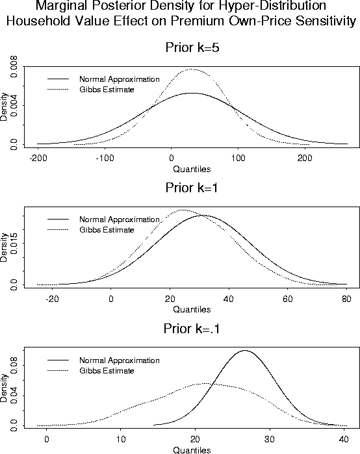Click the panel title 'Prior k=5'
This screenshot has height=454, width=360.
coord(192,47)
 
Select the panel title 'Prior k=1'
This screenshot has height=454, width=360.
coord(192,188)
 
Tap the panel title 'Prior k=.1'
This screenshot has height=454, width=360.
coord(192,329)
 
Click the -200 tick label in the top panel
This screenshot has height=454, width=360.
coord(38,158)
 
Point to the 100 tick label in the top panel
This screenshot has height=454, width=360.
coord(238,158)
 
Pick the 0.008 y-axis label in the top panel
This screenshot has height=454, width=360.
coord(14,67)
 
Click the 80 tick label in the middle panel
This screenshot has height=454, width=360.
coord(346,299)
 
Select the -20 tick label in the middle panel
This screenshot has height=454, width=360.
coord(53,299)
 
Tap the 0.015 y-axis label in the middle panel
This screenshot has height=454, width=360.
coord(14,243)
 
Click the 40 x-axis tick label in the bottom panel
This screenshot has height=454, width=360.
coord(344,439)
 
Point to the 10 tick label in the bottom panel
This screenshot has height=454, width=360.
coord(121,439)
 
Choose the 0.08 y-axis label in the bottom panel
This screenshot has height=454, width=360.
coord(14,366)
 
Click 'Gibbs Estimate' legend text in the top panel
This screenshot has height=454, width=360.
coord(107,90)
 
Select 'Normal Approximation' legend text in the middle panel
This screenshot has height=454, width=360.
coord(120,220)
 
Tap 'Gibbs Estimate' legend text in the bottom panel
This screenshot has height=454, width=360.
coord(107,371)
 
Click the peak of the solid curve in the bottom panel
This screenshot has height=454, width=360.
coord(245,350)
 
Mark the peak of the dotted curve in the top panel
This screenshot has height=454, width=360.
coord(190,69)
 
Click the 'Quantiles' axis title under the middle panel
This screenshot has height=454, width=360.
coord(192,310)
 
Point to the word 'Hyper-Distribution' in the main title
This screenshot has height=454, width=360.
coord(272,5)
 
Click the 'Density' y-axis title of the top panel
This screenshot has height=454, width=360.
coord(4,107)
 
